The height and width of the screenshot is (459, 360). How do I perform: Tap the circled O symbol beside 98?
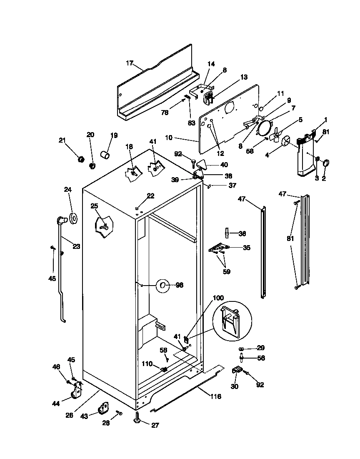163,285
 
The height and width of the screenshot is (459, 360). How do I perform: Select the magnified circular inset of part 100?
232,321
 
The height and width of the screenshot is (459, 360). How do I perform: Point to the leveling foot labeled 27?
138,417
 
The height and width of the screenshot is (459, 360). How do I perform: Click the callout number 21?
62,140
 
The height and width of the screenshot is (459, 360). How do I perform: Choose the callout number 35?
246,248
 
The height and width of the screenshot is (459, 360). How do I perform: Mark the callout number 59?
227,271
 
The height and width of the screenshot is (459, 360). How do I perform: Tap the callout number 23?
76,246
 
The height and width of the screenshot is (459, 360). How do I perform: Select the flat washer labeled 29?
242,349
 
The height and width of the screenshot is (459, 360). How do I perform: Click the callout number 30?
234,386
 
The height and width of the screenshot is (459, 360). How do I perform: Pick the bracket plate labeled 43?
103,408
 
